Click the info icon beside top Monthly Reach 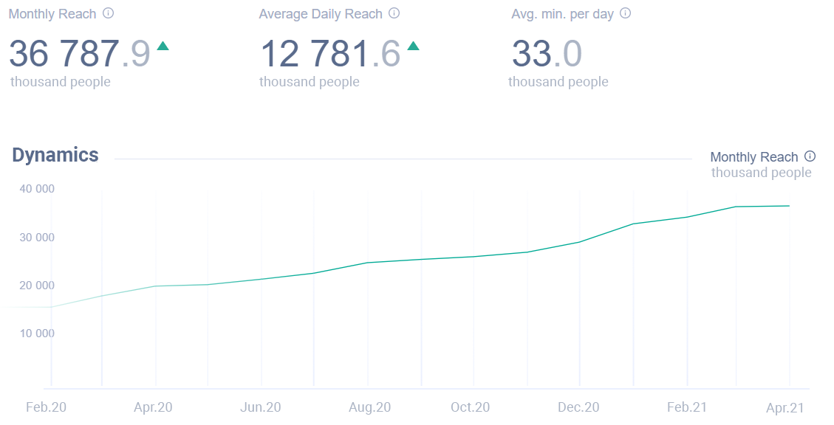(109, 13)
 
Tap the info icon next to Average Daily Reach (394, 13)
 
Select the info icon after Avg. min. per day (626, 13)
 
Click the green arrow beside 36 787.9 (163, 46)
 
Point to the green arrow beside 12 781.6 (413, 46)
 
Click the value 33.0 (547, 54)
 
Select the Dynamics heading (55, 155)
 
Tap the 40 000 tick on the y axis (37, 189)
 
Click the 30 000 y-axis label (37, 237)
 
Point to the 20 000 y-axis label (37, 285)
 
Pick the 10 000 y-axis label (37, 333)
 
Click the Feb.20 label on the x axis (47, 407)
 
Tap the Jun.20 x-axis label (261, 407)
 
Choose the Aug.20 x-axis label (369, 407)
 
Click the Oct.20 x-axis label (471, 407)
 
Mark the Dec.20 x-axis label (578, 407)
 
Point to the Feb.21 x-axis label (687, 407)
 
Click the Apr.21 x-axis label (785, 407)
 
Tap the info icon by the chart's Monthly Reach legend (810, 156)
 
